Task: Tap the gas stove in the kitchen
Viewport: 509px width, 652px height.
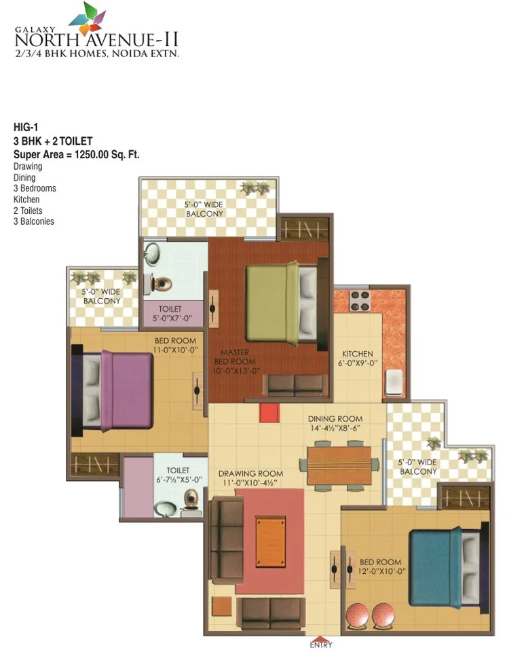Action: point(360,301)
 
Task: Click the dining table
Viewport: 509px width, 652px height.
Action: point(339,465)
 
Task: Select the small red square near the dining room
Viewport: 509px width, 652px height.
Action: point(269,412)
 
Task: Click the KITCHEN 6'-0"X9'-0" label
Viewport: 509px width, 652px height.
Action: point(358,358)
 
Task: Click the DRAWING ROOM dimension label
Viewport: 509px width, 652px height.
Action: point(250,477)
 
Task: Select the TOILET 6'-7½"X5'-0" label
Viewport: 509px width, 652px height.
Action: point(178,475)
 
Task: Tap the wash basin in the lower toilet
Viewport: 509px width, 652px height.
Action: point(164,509)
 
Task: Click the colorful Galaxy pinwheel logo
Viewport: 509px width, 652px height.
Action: point(88,18)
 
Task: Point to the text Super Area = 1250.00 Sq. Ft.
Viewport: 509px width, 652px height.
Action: point(77,154)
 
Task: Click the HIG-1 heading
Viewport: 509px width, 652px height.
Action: point(26,127)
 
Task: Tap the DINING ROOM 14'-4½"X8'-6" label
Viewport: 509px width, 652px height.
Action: point(335,423)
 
